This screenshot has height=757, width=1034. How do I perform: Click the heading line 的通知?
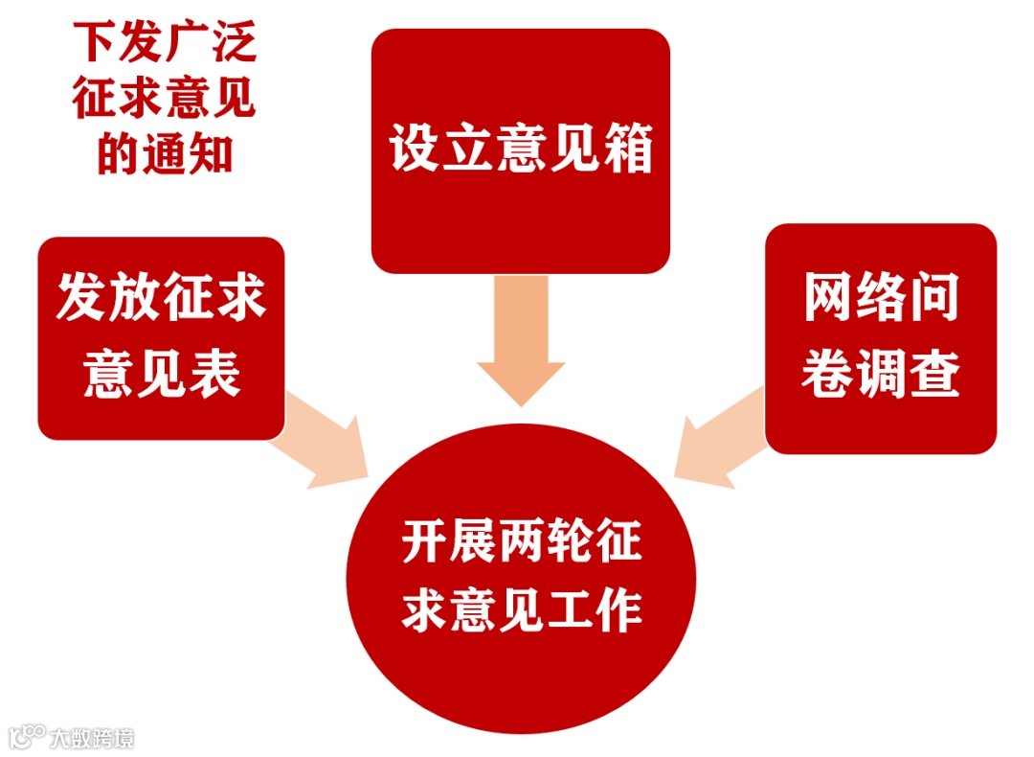click(x=165, y=154)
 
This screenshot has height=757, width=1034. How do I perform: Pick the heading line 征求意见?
click(x=165, y=100)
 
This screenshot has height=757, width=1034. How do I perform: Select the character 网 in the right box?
click(x=827, y=300)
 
